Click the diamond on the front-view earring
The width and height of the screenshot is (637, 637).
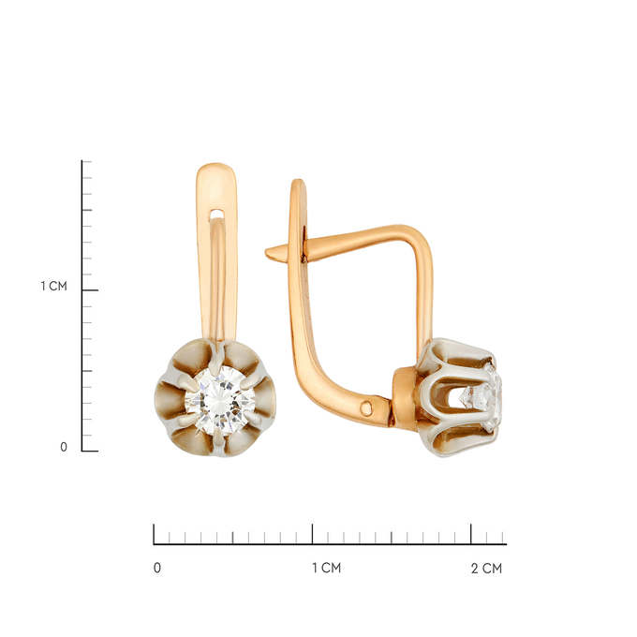pyautogui.click(x=220, y=401)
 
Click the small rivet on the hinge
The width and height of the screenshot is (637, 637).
pyautogui.click(x=366, y=407)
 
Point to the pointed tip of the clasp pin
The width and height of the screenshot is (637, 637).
pyautogui.click(x=266, y=253)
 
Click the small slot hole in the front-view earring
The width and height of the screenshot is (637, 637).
pyautogui.click(x=216, y=214)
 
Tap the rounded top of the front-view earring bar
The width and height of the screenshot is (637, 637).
pyautogui.click(x=216, y=168)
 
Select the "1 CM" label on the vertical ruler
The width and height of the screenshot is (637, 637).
pyautogui.click(x=53, y=286)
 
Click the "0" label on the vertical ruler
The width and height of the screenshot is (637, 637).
pyautogui.click(x=64, y=447)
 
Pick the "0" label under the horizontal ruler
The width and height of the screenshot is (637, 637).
pyautogui.click(x=157, y=568)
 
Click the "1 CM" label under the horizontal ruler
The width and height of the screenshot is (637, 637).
pyautogui.click(x=326, y=568)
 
